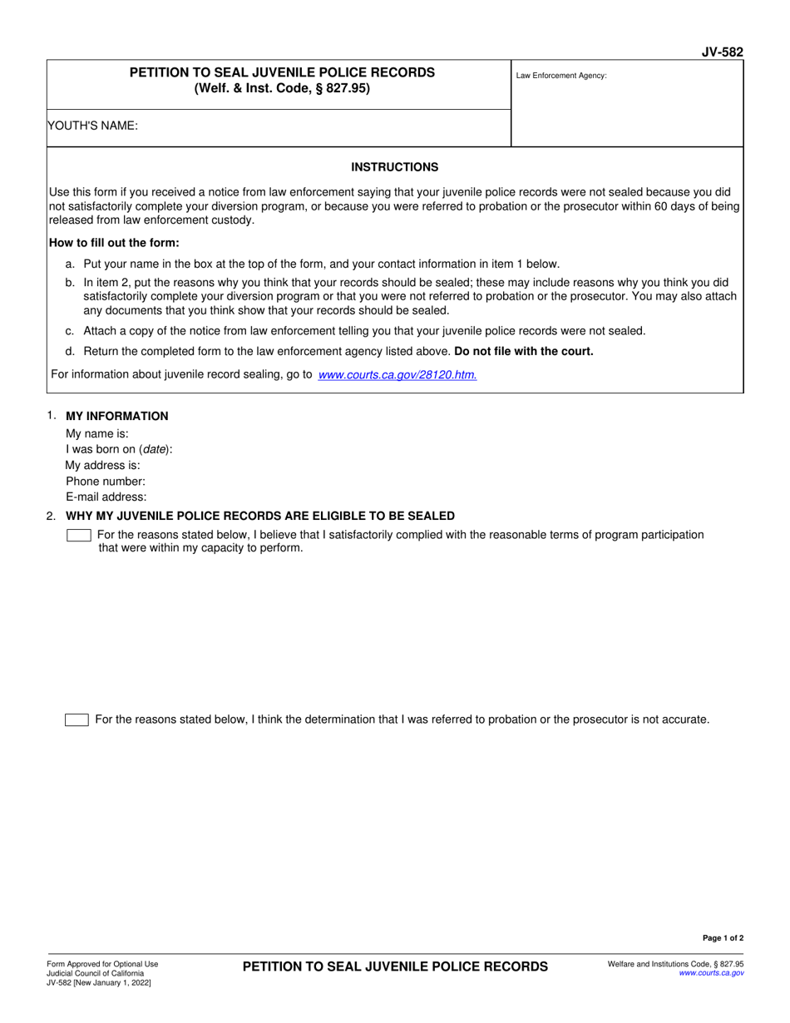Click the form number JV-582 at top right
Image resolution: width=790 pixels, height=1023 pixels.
tap(723, 52)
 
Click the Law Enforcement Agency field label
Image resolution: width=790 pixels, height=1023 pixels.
tap(561, 76)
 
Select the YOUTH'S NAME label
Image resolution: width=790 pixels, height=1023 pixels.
tap(93, 126)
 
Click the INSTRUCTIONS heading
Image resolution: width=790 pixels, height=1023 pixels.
tap(394, 167)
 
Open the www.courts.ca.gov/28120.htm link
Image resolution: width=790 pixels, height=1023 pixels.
tap(397, 375)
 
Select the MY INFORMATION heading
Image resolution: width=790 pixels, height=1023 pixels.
tap(116, 416)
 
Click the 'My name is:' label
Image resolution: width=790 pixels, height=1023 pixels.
tap(97, 433)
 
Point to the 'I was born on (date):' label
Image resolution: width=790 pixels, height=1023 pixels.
tap(119, 449)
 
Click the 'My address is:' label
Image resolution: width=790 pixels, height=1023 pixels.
tap(102, 465)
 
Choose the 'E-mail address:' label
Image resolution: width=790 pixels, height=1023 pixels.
tap(106, 497)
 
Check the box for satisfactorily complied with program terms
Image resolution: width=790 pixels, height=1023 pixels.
tap(78, 535)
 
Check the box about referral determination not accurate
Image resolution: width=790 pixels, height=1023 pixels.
tap(77, 719)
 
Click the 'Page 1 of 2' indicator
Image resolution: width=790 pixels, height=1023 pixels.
tap(723, 938)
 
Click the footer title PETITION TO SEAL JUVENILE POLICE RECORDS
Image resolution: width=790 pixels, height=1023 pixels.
tap(395, 966)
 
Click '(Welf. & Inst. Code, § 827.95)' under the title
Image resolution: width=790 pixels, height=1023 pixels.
tap(282, 88)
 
